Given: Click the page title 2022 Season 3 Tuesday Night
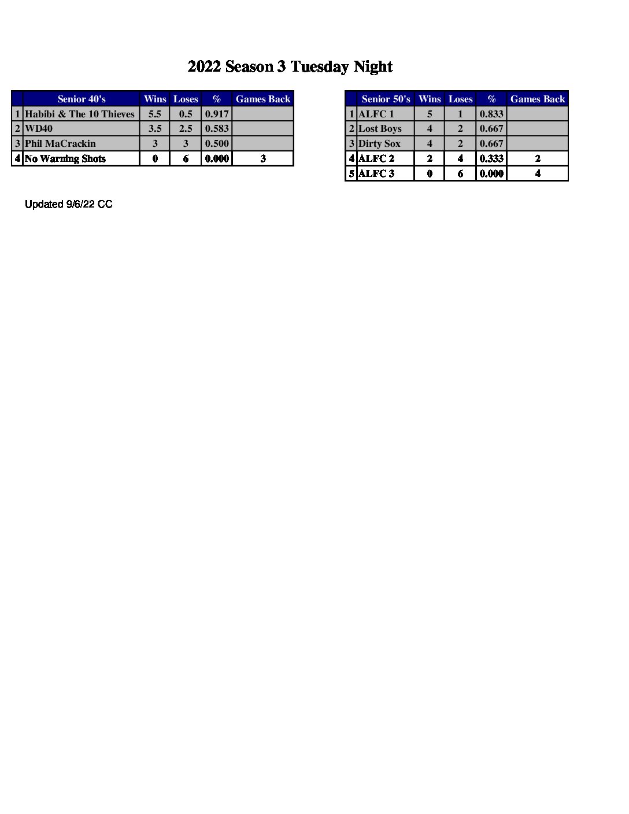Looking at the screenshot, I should click(x=290, y=67).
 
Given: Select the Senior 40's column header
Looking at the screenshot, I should click(x=82, y=99).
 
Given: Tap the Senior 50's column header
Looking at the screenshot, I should click(x=386, y=99).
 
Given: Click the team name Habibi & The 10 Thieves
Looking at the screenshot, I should click(x=80, y=114).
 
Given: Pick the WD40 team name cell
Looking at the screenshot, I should click(x=39, y=128).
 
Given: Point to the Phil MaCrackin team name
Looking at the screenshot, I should click(x=60, y=143).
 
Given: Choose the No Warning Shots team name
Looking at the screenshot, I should click(x=65, y=158).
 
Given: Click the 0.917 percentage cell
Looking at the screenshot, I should click(x=217, y=114).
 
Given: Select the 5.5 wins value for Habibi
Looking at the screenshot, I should click(x=155, y=114).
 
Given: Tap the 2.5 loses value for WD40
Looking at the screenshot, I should click(x=186, y=128).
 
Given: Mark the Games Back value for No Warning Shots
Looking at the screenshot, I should click(x=263, y=158).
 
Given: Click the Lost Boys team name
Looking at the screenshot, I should click(x=380, y=128).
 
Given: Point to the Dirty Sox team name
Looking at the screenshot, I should click(x=379, y=143).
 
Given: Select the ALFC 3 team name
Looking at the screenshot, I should click(x=376, y=173).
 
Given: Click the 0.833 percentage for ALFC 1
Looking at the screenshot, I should click(x=491, y=114).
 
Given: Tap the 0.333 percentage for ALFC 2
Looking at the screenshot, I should click(x=491, y=158).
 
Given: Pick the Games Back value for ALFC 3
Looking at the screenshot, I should click(x=538, y=173).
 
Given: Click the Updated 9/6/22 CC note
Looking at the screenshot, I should click(x=69, y=204).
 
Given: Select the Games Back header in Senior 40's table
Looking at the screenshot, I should click(x=263, y=99).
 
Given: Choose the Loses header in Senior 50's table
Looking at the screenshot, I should click(x=460, y=99).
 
